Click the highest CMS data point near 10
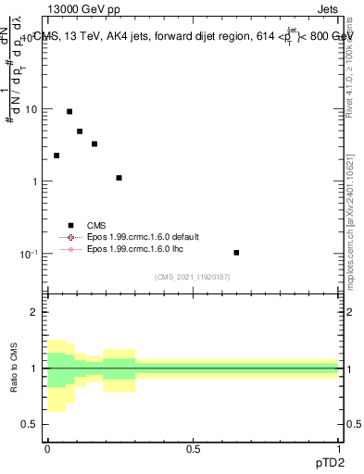[69, 111]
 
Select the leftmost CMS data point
[56, 156]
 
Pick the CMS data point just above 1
[119, 178]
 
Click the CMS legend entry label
[96, 225]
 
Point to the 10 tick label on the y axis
[31, 109]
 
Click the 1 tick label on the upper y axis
[35, 181]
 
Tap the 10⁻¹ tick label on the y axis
[30, 253]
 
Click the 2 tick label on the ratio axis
[35, 313]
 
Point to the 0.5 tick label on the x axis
[193, 451]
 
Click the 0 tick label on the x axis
[47, 451]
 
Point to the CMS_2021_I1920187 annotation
[192, 277]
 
